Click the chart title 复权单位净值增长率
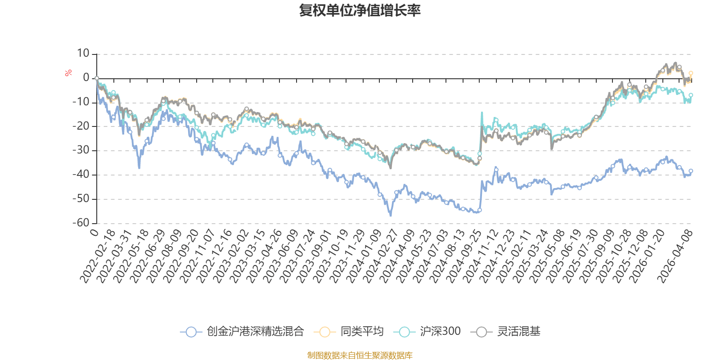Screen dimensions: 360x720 360,10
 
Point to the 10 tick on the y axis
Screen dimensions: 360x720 83,54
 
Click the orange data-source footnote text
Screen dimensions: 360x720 360,355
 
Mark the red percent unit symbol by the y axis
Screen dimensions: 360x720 68,73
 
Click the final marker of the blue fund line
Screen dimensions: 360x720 691,171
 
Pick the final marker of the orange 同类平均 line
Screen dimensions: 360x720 691,73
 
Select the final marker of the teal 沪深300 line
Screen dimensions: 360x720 691,95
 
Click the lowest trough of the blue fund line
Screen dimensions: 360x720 391,216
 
